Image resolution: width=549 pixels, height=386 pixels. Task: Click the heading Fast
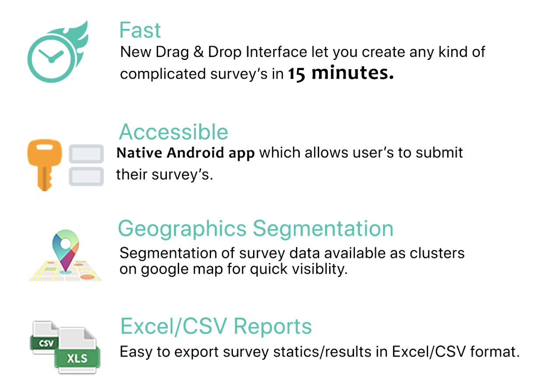pyautogui.click(x=140, y=31)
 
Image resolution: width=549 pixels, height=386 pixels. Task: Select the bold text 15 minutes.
pyautogui.click(x=341, y=74)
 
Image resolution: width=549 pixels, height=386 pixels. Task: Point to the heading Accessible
pyautogui.click(x=174, y=132)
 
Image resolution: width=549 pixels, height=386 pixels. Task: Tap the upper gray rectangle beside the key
pyautogui.click(x=87, y=154)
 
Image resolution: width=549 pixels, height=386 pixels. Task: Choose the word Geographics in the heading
pyautogui.click(x=182, y=228)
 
